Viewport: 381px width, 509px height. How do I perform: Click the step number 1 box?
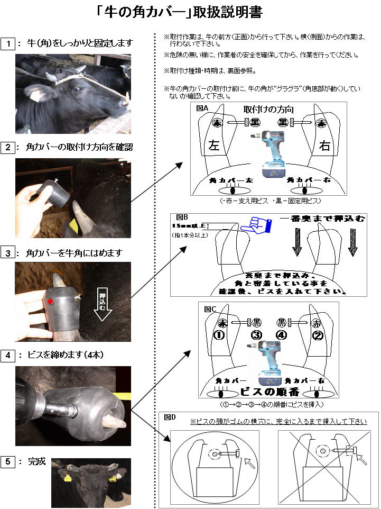(x=8, y=43)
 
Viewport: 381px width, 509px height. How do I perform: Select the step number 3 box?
(x=8, y=253)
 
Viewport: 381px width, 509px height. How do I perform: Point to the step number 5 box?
(x=8, y=462)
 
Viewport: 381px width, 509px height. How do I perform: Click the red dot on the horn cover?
(x=50, y=302)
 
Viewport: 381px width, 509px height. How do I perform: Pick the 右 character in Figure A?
(x=324, y=146)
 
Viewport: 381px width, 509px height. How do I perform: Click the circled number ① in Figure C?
(x=219, y=335)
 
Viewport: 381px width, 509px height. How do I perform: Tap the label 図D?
(x=170, y=417)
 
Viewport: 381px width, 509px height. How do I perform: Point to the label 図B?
(x=182, y=217)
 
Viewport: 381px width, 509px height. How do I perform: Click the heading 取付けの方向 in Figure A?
(x=268, y=110)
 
